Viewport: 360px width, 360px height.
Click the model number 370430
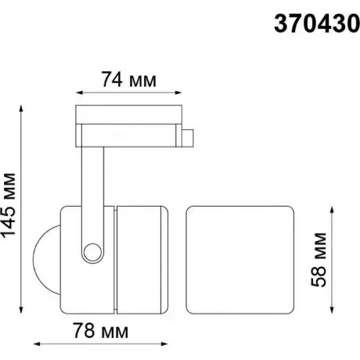pos(317,23)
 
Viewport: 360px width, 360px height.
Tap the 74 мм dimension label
pos(129,79)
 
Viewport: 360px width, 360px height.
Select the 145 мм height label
pos(9,205)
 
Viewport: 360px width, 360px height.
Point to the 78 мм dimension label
pos(100,330)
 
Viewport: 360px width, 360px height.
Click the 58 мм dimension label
pos(319,260)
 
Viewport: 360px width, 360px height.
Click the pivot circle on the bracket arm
pos(92,252)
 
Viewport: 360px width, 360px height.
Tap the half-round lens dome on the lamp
pos(47,260)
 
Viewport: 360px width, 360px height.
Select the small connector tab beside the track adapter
pos(188,138)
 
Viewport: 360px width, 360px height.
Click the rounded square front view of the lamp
pos(240,260)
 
